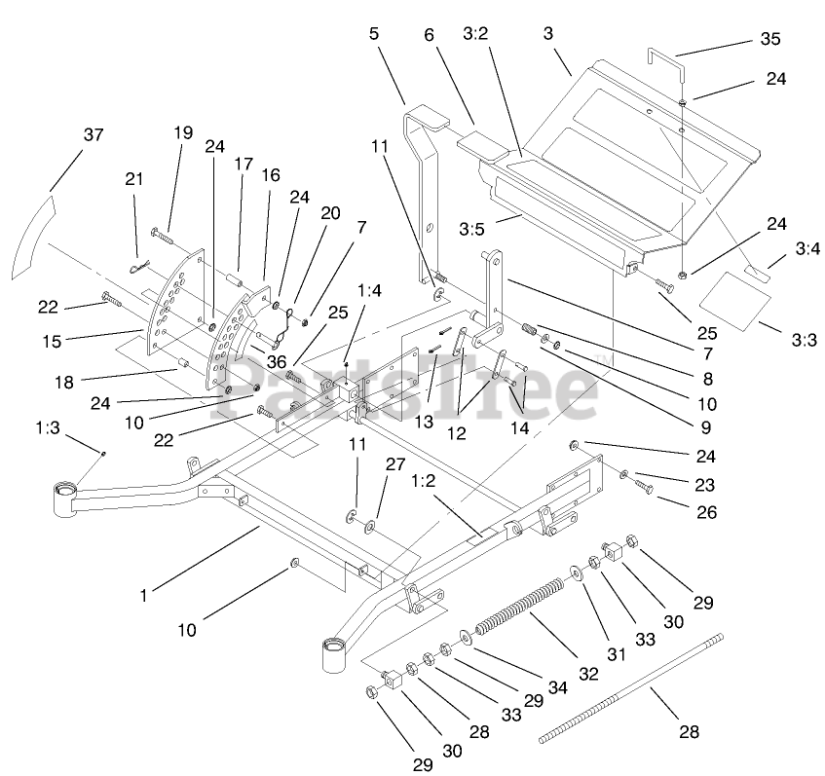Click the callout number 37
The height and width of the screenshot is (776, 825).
(93, 135)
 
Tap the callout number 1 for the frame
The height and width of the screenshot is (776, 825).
(144, 595)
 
